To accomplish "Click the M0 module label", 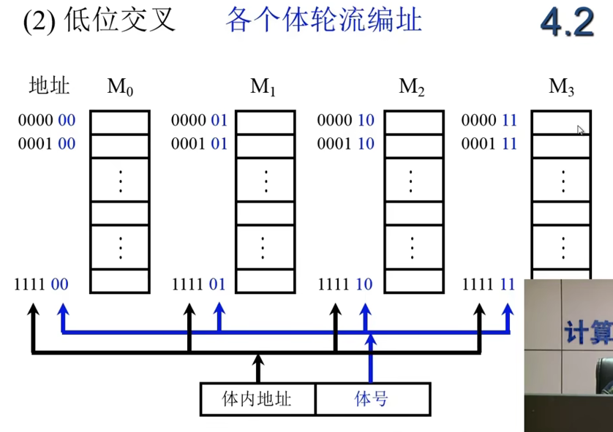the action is [x=120, y=87].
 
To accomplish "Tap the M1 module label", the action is [x=263, y=87].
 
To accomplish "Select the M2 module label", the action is [x=411, y=87].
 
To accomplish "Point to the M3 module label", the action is [x=561, y=87].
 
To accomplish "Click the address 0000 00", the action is [x=47, y=121].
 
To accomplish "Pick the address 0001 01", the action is [x=200, y=144].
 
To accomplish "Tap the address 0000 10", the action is [x=345, y=121].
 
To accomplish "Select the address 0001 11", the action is [x=489, y=144].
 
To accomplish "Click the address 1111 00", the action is [x=42, y=284].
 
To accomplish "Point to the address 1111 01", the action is [x=199, y=284].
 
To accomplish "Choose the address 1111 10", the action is [x=345, y=284].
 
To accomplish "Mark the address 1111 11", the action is [x=489, y=284].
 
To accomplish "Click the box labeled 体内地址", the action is [x=257, y=399].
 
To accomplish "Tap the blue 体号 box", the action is [x=373, y=399].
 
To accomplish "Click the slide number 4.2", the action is [x=567, y=23].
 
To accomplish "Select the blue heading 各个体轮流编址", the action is [x=324, y=20].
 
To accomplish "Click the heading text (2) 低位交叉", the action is [x=99, y=20].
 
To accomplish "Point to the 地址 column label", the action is [x=49, y=86].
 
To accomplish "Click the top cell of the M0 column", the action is [x=120, y=123].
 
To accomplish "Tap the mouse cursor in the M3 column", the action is [x=580, y=130].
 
